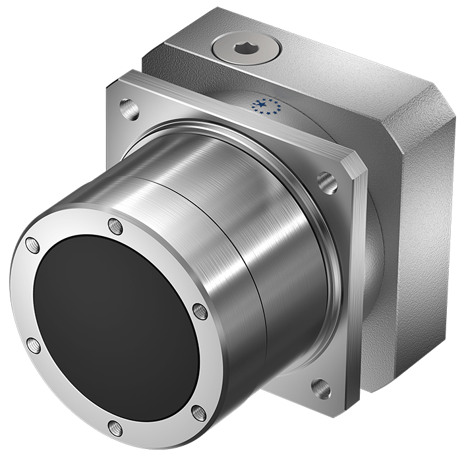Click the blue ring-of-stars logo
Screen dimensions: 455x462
coord(267,106)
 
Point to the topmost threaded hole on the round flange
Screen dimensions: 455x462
coord(115,226)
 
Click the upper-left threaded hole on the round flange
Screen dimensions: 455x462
coord(32,246)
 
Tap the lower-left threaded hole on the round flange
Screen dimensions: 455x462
coord(32,345)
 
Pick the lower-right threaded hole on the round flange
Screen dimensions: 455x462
coord(198,413)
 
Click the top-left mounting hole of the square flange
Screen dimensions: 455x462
coord(129,107)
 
